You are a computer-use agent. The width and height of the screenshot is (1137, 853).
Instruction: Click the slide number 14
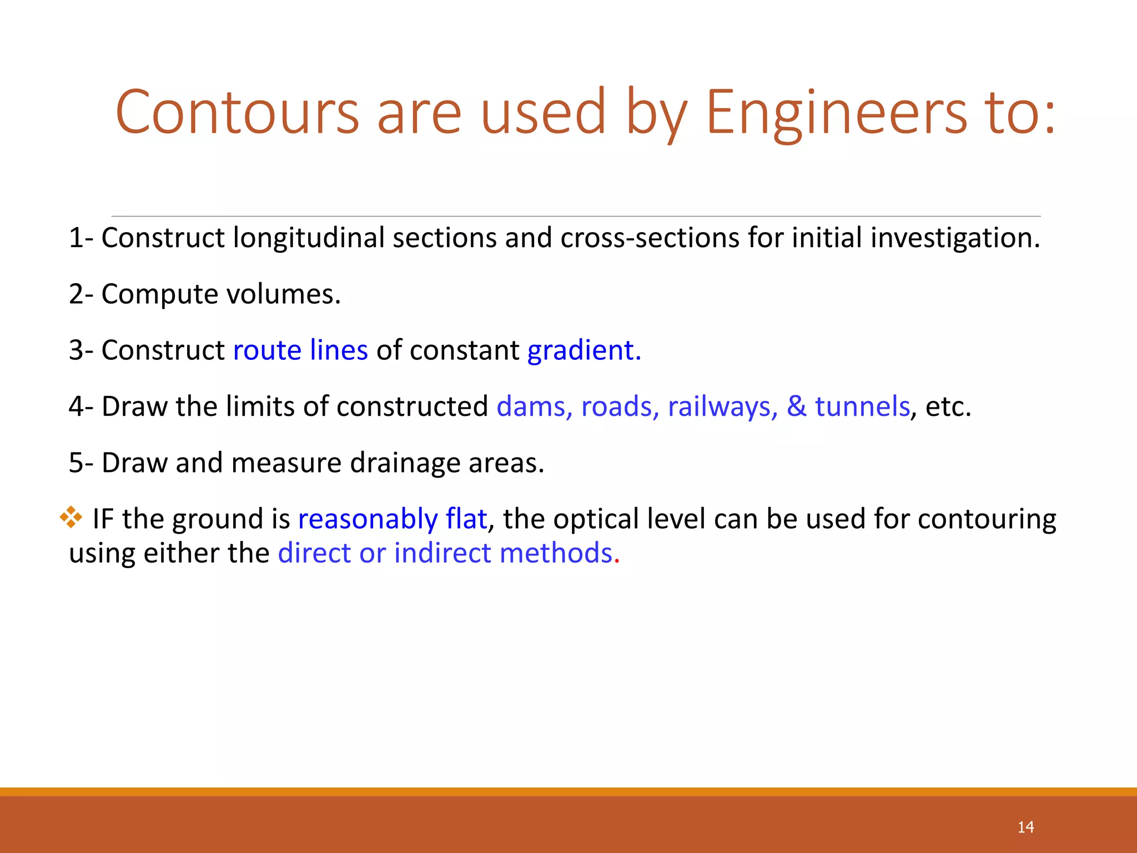1025,827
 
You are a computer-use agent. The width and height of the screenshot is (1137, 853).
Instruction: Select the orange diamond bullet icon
71,517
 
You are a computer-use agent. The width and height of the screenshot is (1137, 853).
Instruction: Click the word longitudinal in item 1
309,238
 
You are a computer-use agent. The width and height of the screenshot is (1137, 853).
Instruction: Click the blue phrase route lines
300,350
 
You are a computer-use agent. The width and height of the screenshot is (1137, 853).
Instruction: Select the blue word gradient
583,350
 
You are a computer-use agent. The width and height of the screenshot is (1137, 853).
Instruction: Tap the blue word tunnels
862,407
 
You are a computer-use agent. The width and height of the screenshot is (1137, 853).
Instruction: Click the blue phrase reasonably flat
393,519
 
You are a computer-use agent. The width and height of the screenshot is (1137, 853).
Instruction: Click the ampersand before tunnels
796,407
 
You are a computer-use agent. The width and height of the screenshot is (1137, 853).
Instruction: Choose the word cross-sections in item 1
650,238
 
